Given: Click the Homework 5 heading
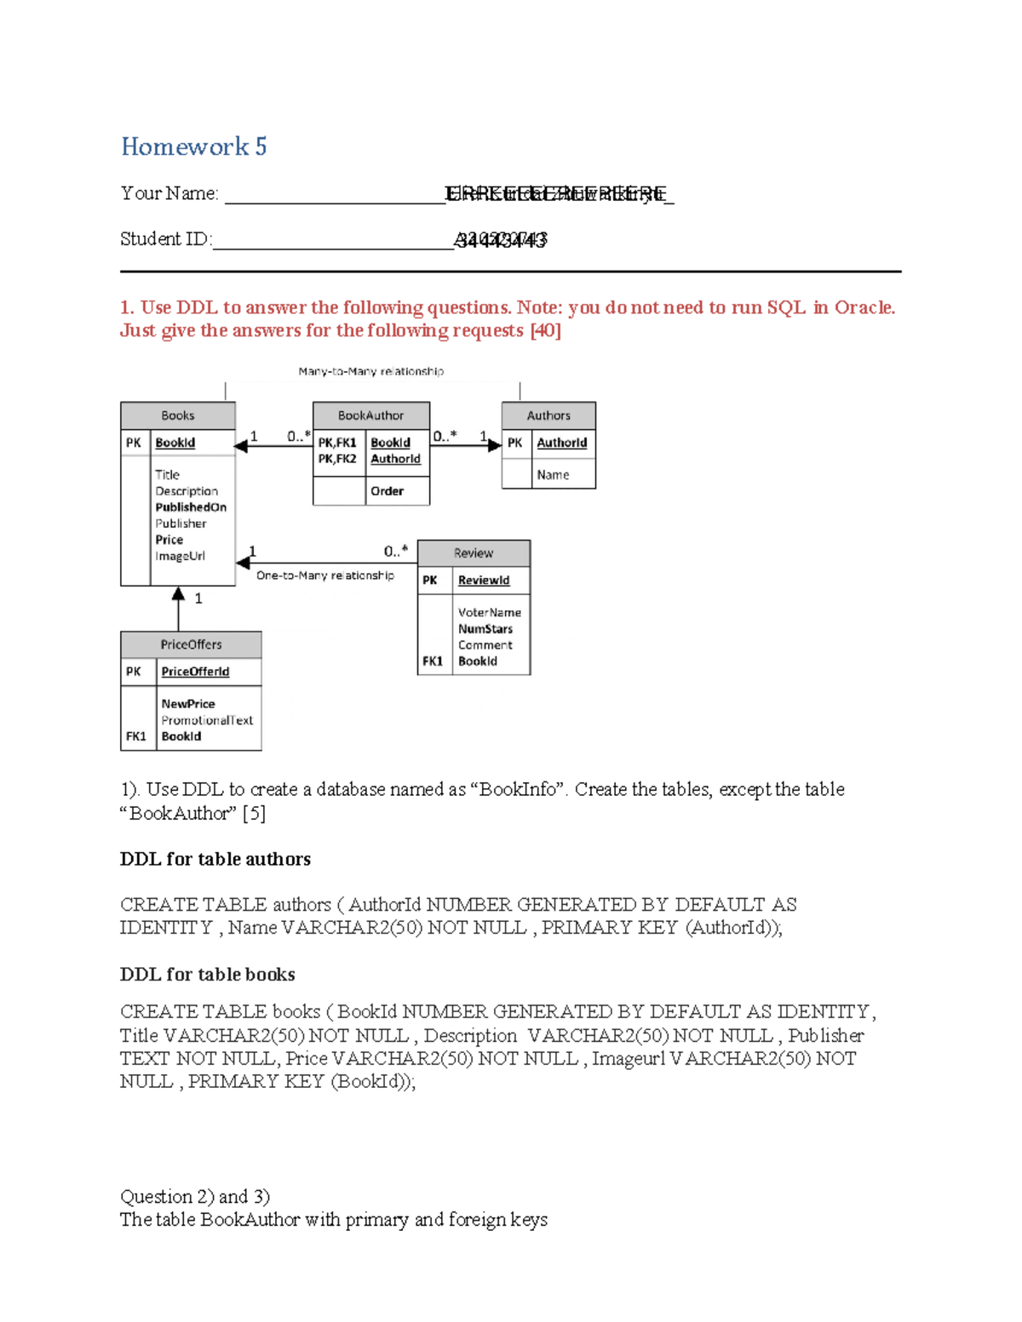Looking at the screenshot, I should click(x=193, y=146).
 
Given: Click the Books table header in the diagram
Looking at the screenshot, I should click(x=177, y=415).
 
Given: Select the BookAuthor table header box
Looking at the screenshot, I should click(x=370, y=415).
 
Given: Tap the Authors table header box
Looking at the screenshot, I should click(x=548, y=415).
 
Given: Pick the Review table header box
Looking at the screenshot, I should click(x=474, y=553).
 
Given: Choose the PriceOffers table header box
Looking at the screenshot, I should click(x=191, y=644).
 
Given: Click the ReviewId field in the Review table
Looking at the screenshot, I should click(x=484, y=581).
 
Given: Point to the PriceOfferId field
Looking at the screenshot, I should click(x=195, y=672).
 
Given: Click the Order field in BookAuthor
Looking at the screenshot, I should click(x=387, y=491).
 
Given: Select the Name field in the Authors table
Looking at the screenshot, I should click(x=553, y=475).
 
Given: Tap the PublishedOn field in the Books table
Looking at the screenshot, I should click(x=191, y=507).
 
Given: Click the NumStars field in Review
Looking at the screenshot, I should click(x=485, y=629).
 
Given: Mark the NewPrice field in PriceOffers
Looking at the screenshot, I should click(x=188, y=704).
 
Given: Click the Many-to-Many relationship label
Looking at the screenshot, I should click(x=370, y=371).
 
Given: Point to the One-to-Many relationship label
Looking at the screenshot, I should click(x=325, y=575).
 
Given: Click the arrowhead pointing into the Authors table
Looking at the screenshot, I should click(x=495, y=445).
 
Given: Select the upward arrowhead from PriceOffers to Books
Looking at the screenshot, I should click(x=178, y=593).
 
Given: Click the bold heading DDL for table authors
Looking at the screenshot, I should click(x=215, y=859).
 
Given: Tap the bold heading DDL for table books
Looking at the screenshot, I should click(x=207, y=975).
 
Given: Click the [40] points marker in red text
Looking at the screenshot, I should click(x=545, y=330).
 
